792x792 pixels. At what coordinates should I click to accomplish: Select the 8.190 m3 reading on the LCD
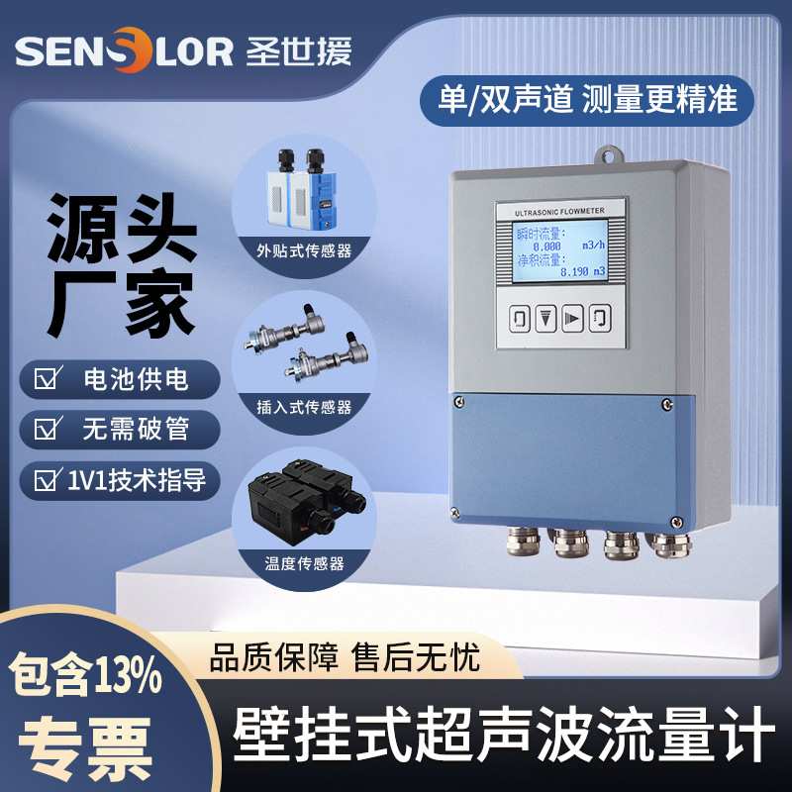(x=588, y=270)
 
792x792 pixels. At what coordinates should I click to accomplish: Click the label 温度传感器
(x=305, y=562)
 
